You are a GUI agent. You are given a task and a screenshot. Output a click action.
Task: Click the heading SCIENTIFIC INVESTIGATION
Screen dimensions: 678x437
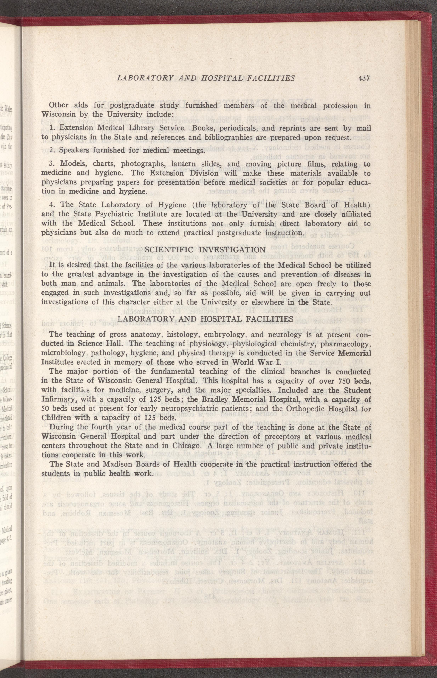(205, 250)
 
